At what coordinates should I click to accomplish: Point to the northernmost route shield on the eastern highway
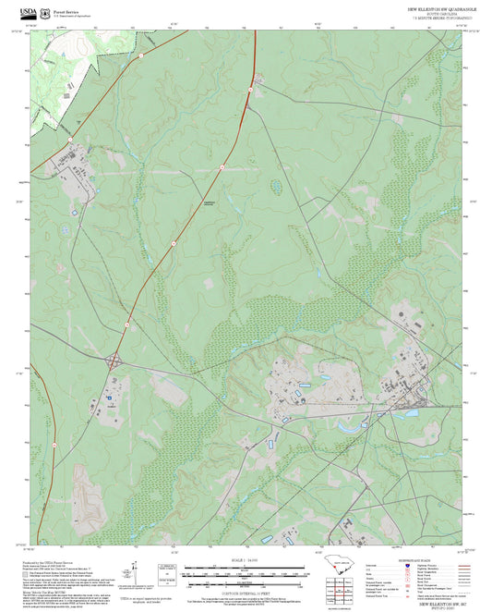click(x=250, y=90)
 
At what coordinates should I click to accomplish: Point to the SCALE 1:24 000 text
click(x=246, y=559)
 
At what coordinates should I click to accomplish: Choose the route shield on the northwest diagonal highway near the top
click(x=141, y=55)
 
